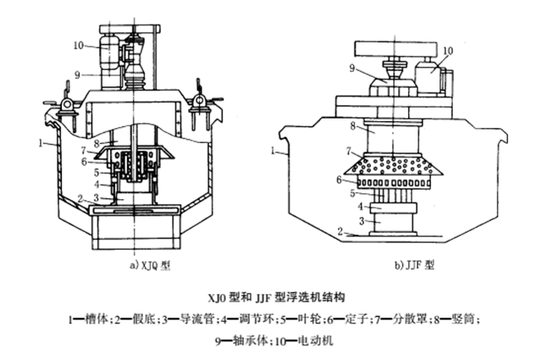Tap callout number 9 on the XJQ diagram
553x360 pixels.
(77, 75)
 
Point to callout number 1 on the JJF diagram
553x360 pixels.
(276, 150)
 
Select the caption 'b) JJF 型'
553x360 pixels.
(414, 264)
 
